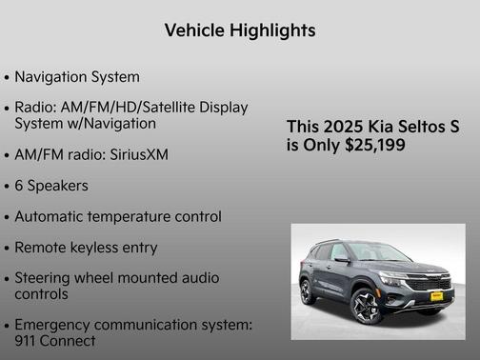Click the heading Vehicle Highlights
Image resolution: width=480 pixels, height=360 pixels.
click(239, 30)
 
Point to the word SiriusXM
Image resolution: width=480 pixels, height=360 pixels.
click(137, 154)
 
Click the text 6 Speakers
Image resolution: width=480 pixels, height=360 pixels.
click(51, 186)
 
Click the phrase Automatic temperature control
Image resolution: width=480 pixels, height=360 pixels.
click(118, 216)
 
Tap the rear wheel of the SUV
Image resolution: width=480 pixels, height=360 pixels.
click(308, 290)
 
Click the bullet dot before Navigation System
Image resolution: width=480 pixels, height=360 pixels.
click(8, 77)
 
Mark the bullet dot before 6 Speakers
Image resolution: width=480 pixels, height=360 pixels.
click(8, 187)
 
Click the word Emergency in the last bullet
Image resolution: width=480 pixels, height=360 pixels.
click(55, 325)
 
